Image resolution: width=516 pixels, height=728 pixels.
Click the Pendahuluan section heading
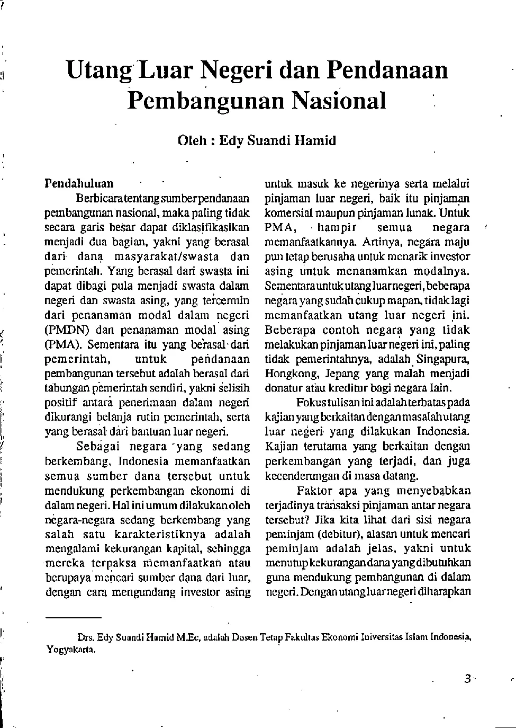click(79, 184)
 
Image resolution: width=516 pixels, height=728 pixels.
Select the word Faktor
click(314, 490)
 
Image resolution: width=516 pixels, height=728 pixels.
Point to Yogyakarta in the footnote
click(70, 649)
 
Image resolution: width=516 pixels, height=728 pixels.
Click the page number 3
click(467, 679)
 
